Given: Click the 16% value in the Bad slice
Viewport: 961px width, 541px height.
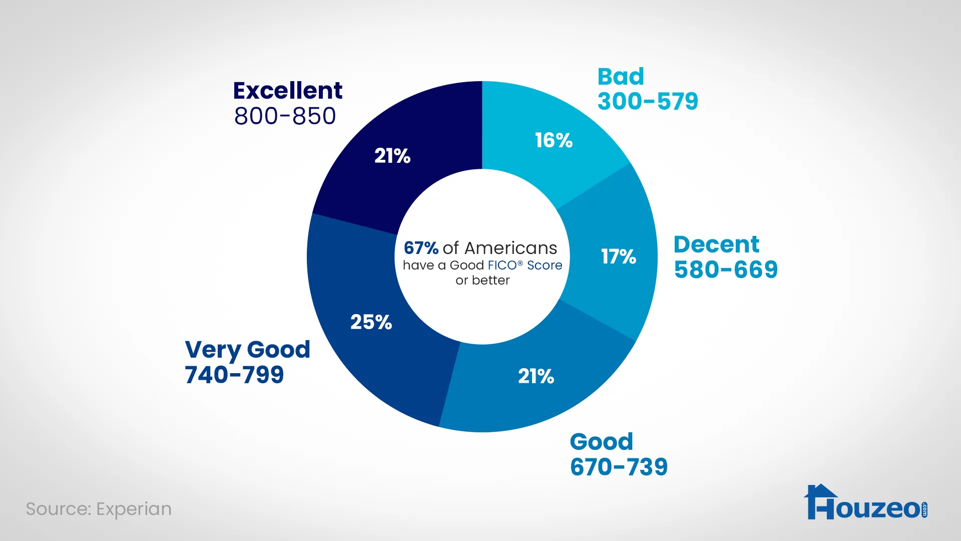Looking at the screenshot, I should [x=554, y=140].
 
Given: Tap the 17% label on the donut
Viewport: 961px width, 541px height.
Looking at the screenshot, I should [x=619, y=256].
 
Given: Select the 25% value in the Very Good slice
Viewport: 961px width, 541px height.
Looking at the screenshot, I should [x=371, y=322].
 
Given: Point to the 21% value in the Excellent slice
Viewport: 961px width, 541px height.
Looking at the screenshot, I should [x=392, y=156].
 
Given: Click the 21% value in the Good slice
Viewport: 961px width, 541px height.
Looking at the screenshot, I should [x=536, y=376].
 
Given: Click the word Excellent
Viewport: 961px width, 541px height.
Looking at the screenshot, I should [x=288, y=91].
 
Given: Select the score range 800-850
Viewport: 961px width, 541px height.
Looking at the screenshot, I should [x=285, y=116].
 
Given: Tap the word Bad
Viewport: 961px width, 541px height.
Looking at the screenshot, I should [x=621, y=77].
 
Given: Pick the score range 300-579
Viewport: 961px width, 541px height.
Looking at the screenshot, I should [x=648, y=101].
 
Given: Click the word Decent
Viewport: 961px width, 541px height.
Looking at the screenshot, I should [x=716, y=244].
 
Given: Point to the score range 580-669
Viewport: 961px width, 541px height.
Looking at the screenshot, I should [x=726, y=269].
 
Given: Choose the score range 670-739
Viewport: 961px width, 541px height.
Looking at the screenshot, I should [x=619, y=467].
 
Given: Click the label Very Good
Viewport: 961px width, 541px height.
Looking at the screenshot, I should [x=247, y=350].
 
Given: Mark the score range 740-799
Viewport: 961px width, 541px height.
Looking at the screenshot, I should [x=234, y=375].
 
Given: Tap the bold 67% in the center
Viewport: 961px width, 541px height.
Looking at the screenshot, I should [x=421, y=248].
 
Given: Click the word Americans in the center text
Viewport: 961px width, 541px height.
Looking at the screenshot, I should [x=511, y=248].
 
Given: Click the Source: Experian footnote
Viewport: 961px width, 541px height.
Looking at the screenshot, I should [x=99, y=509].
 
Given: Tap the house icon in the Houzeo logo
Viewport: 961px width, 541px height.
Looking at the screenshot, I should [x=821, y=501].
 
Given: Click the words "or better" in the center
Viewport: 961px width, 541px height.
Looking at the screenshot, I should [x=483, y=280].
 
